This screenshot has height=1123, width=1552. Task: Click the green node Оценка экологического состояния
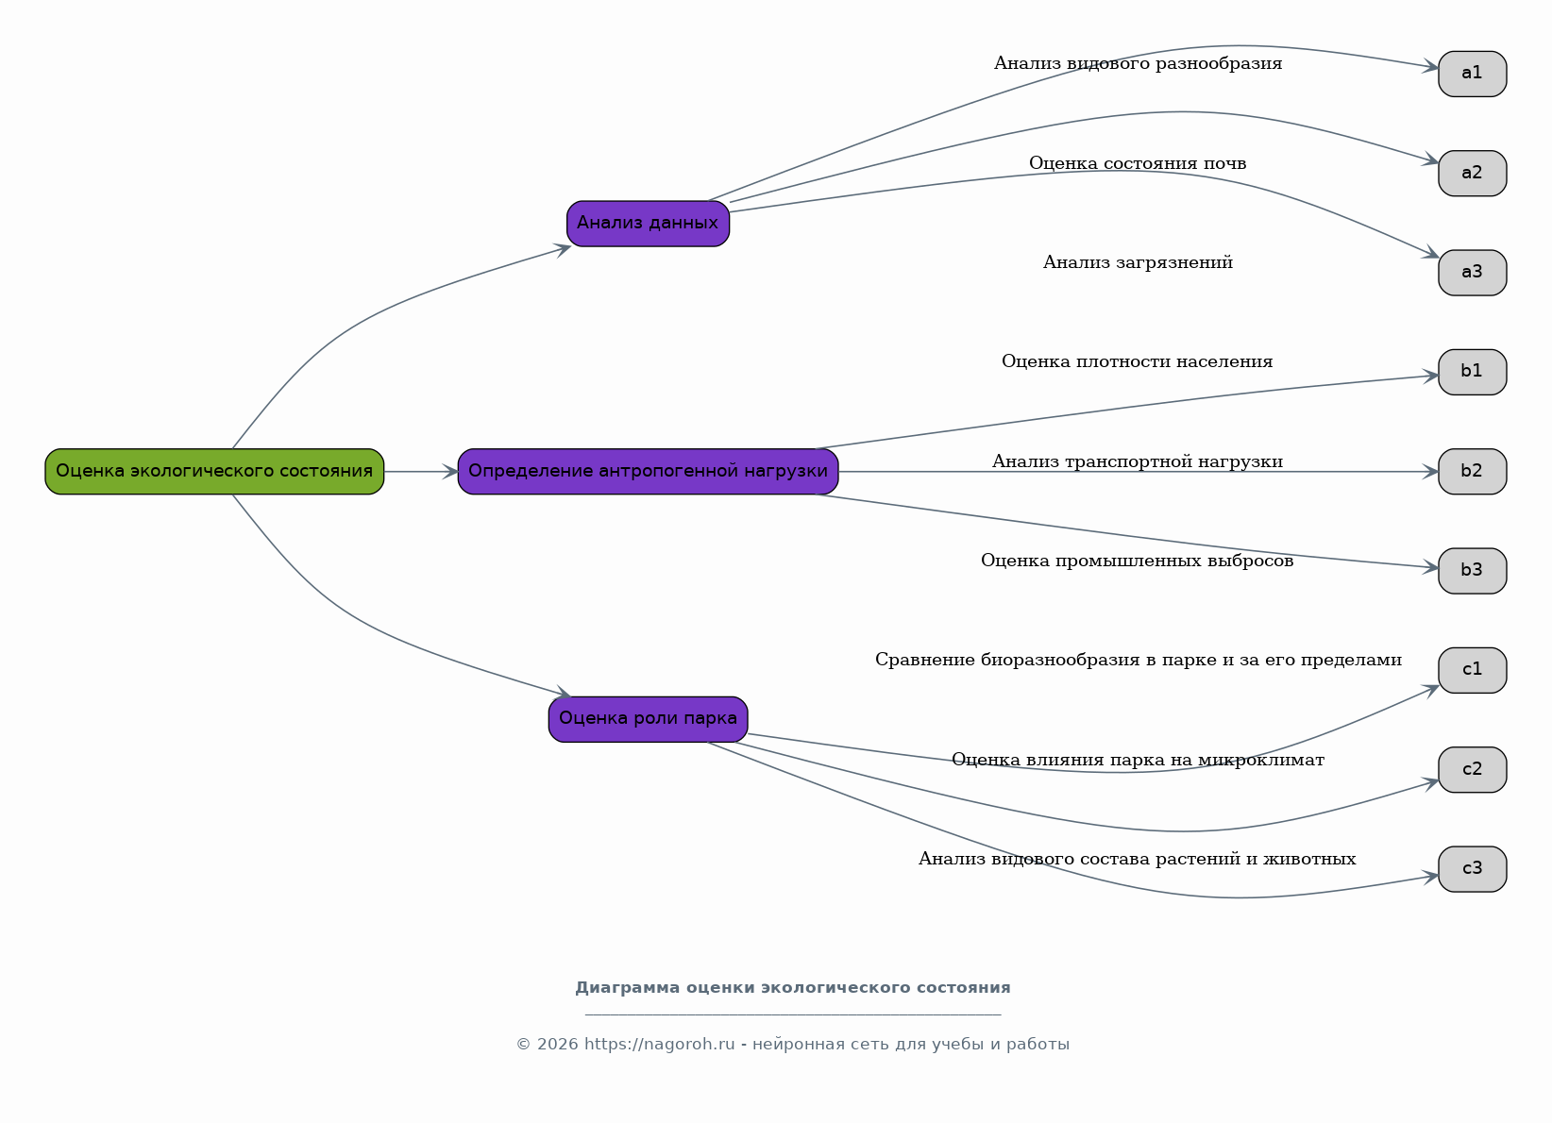215,472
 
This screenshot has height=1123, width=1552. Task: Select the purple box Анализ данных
648,224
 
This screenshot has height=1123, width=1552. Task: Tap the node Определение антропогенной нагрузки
648,472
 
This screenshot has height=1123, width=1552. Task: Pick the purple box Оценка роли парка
648,720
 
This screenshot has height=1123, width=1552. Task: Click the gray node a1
1473,75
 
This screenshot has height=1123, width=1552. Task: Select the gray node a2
1473,174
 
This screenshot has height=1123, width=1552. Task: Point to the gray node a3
1473,273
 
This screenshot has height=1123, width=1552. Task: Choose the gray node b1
1473,372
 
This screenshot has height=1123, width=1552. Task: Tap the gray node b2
1473,472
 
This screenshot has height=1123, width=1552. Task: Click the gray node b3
1473,571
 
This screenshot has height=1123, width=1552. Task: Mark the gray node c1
1473,671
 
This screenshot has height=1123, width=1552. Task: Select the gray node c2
1473,770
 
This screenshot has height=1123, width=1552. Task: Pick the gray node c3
1473,869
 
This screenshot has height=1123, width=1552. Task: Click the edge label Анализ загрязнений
1138,263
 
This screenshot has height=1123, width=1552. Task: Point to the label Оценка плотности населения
1137,362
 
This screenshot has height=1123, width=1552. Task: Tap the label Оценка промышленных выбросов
1137,561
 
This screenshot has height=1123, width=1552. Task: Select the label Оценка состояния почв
1138,164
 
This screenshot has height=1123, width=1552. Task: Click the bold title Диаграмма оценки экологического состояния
793,988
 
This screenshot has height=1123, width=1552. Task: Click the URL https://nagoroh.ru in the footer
659,1044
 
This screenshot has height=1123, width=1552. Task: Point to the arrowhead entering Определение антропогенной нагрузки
450,472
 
